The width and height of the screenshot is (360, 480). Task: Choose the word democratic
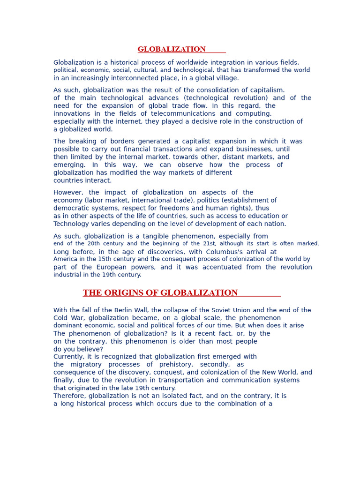click(72, 208)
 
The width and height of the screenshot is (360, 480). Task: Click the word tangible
click(151, 236)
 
